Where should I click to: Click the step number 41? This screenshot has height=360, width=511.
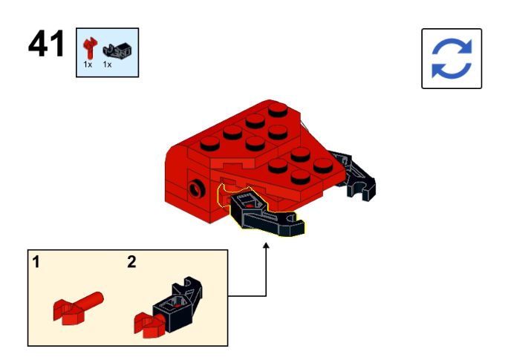[x=46, y=44]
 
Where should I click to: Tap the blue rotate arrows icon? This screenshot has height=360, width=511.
[x=452, y=59]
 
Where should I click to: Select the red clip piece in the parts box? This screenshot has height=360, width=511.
[x=90, y=48]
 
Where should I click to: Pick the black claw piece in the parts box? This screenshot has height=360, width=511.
[x=117, y=51]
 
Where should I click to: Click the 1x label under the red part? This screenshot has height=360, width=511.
[x=88, y=65]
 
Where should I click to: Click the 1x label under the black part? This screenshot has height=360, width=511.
[x=107, y=65]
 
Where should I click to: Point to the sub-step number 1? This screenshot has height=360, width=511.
[x=36, y=262]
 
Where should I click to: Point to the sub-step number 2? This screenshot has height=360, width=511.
[x=131, y=261]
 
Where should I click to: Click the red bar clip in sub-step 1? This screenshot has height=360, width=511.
[x=78, y=308]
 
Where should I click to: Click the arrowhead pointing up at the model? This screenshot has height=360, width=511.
[x=266, y=246]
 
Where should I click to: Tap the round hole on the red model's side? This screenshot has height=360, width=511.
[x=196, y=189]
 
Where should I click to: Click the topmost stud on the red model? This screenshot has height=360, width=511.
[x=278, y=109]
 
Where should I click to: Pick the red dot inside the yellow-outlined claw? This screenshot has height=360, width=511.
[x=250, y=206]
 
